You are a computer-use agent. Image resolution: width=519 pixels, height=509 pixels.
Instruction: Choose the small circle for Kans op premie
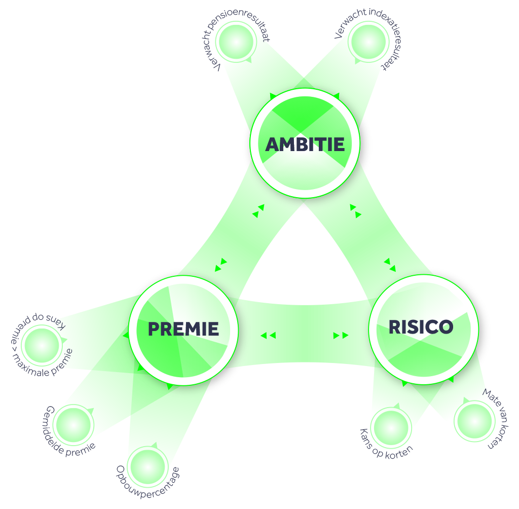pyautogui.click(x=42, y=345)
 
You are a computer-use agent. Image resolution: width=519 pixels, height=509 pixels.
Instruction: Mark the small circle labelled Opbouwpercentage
pyautogui.click(x=148, y=465)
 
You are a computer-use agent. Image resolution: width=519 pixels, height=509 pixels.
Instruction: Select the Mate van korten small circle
pyautogui.click(x=474, y=421)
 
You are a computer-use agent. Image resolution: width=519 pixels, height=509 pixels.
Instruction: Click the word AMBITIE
pyautogui.click(x=305, y=144)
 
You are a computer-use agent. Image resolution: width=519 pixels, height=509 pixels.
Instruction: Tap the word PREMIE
pyautogui.click(x=183, y=329)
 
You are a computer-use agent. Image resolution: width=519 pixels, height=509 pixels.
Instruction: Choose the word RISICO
pyautogui.click(x=421, y=327)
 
